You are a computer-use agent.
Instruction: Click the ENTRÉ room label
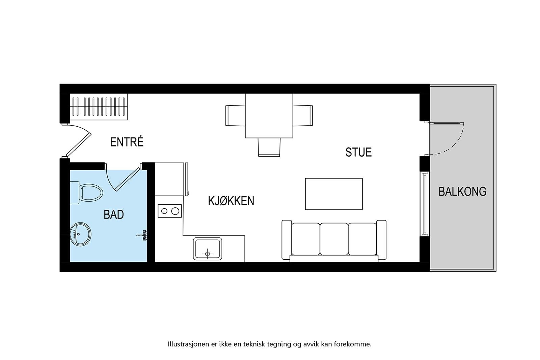point(127,142)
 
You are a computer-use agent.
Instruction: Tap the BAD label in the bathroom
point(114,214)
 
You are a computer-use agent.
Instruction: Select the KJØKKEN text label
point(231,201)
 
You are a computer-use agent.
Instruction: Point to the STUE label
point(358,152)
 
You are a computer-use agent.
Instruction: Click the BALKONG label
point(462,191)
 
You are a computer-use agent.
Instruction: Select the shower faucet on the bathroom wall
point(143,235)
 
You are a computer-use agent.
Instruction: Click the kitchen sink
point(208,249)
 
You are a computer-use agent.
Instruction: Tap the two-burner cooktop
point(170,211)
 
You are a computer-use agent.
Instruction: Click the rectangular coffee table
point(334,194)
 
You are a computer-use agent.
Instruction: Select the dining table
point(269,115)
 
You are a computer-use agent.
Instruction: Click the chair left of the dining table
point(235,115)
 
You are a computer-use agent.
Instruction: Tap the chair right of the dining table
point(303,115)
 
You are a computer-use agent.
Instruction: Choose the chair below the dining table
point(269,147)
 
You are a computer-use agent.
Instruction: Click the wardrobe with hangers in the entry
point(99,107)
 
